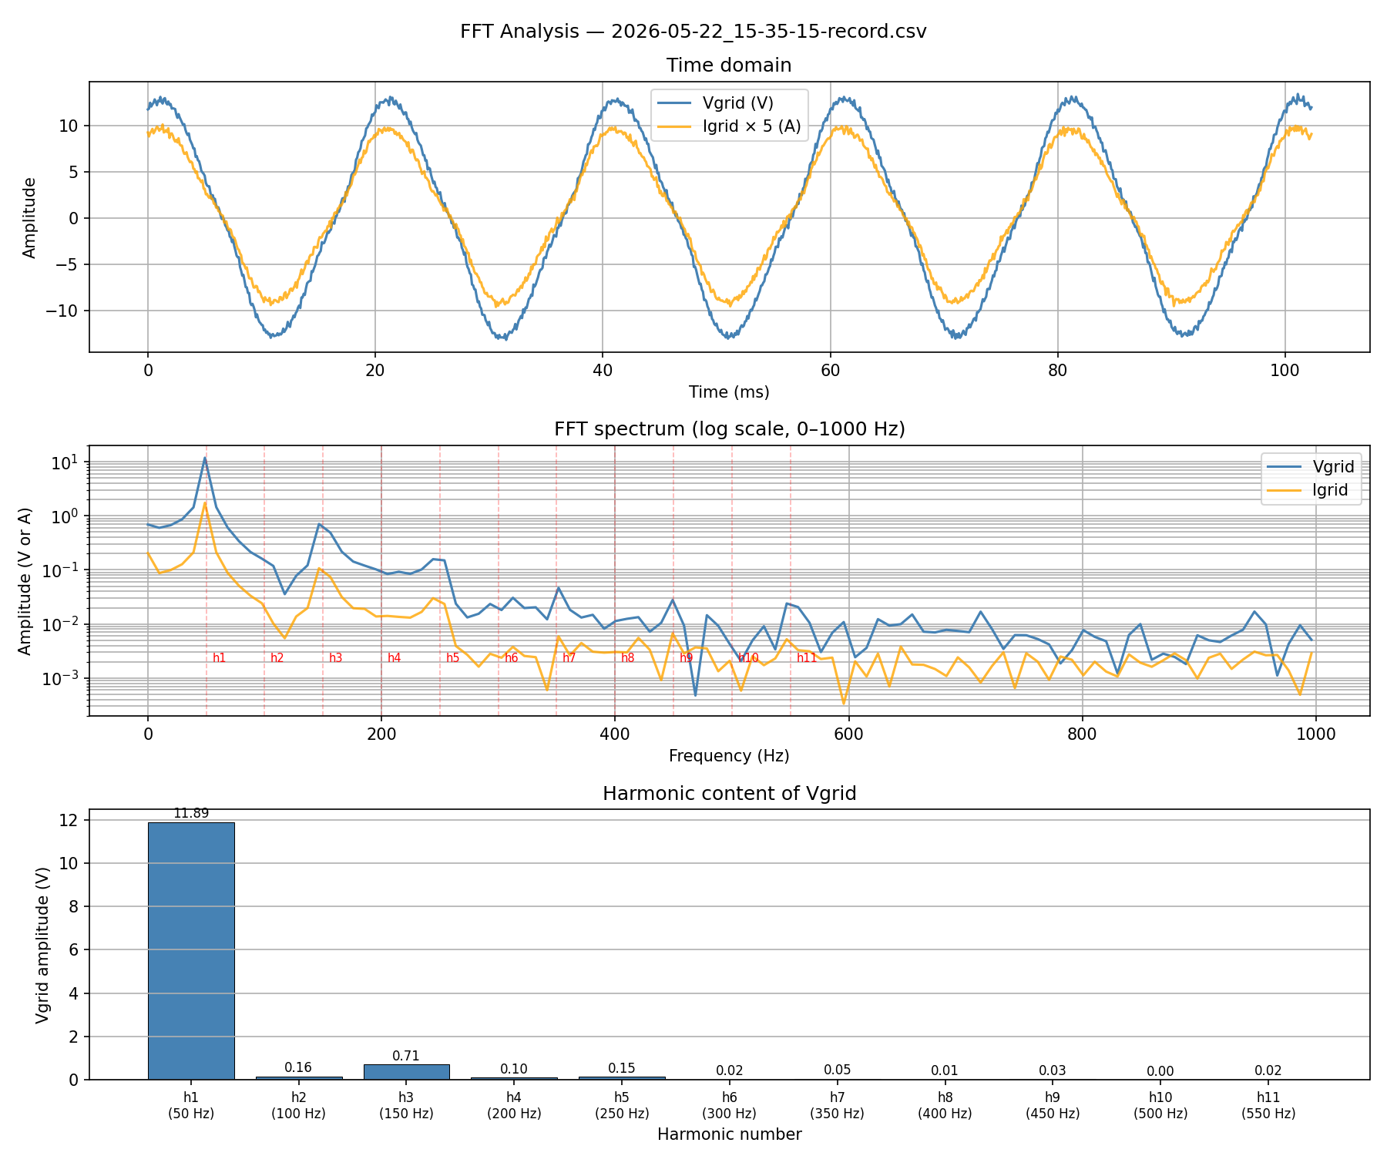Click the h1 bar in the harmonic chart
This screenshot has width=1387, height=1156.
[191, 950]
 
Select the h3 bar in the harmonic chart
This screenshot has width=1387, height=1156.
[406, 1071]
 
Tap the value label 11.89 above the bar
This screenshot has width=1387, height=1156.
[191, 814]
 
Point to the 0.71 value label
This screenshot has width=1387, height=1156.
[406, 1056]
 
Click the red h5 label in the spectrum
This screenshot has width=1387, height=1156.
[453, 658]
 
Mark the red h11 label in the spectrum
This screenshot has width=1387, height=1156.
[807, 658]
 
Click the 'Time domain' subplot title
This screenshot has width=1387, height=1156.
[729, 66]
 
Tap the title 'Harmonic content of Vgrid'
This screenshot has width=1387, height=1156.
[729, 794]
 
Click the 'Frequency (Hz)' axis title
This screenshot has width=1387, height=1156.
[729, 756]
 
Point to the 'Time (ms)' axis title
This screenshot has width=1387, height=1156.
[729, 392]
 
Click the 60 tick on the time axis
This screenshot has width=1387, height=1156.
[830, 370]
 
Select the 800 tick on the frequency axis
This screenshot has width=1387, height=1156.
[1082, 734]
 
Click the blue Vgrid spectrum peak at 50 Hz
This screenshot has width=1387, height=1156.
[205, 459]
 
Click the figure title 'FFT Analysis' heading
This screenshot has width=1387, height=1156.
[693, 32]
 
